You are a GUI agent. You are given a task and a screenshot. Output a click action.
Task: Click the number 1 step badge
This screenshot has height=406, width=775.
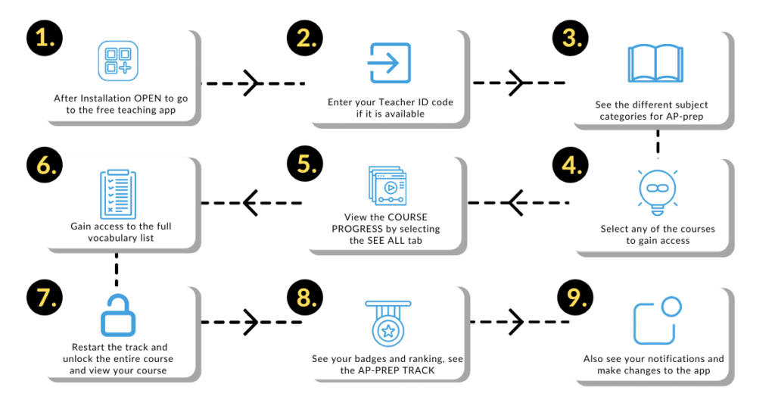(x=45, y=38)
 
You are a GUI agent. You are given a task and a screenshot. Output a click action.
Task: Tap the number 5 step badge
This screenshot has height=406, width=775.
(x=305, y=164)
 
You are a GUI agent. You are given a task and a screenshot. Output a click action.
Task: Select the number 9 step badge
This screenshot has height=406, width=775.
(x=575, y=298)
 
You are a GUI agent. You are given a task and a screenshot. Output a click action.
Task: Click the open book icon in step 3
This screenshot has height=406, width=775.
(x=655, y=64)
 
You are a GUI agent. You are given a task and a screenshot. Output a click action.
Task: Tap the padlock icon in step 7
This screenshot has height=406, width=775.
(x=118, y=316)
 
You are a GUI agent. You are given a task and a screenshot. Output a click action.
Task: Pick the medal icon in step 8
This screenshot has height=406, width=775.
(x=388, y=323)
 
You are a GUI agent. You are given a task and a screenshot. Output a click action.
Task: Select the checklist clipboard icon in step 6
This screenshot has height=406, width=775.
(x=118, y=194)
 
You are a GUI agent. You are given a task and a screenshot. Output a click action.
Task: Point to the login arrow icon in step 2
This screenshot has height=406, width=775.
(x=390, y=63)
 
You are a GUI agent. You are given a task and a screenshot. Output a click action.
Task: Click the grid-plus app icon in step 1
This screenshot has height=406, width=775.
(x=118, y=61)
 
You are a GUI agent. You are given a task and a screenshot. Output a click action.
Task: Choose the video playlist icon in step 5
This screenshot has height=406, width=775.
(x=387, y=186)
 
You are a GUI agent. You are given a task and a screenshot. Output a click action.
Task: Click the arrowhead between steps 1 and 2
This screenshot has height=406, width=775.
(x=251, y=83)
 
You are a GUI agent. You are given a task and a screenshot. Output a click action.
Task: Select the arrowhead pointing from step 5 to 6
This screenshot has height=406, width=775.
(x=250, y=203)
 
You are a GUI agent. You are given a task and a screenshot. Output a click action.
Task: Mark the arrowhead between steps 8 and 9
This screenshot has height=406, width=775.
(x=516, y=322)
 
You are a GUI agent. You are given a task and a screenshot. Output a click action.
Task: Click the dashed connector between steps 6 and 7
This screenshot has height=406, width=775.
(x=116, y=270)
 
